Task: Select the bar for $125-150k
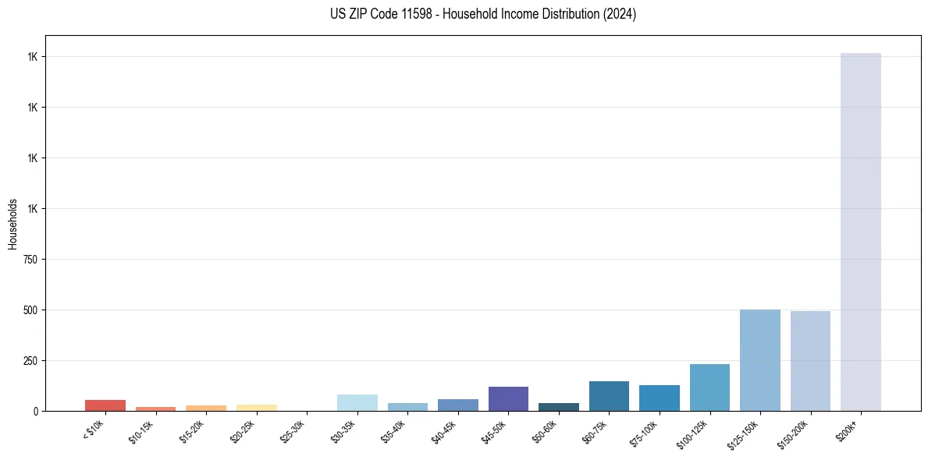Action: [x=759, y=360]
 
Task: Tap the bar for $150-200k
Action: [x=810, y=361]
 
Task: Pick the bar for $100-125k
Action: [x=709, y=387]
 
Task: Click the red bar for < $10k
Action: [x=105, y=405]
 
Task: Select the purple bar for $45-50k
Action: [x=508, y=398]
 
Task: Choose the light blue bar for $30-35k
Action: [x=357, y=402]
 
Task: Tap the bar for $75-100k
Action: [x=659, y=398]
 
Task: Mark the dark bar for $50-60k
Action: [x=559, y=407]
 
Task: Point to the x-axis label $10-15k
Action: [x=142, y=431]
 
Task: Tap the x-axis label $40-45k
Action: [x=444, y=431]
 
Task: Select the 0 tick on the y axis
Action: [x=34, y=411]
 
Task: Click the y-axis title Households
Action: [x=12, y=223]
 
